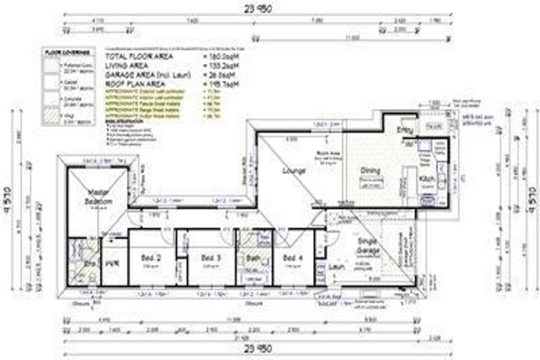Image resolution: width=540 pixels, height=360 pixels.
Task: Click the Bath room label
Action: (251, 259)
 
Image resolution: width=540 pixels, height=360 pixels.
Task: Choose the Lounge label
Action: (292, 170)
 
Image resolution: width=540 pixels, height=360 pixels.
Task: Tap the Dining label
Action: (371, 170)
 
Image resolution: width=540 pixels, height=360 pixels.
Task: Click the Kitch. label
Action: (427, 180)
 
